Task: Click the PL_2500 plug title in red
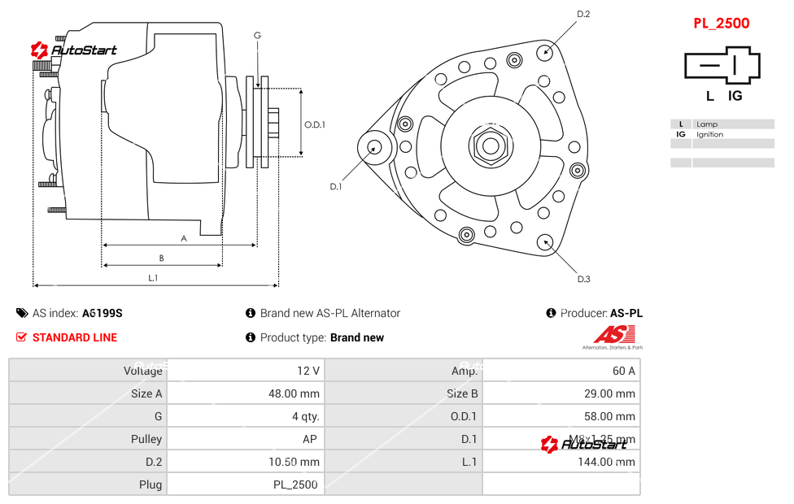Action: click(x=721, y=24)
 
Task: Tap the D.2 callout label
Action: click(x=583, y=14)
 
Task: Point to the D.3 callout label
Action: click(x=583, y=280)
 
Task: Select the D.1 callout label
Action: click(x=335, y=187)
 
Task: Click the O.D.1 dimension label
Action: click(x=315, y=125)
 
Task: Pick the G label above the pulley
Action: click(x=257, y=35)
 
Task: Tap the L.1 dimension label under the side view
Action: click(x=153, y=278)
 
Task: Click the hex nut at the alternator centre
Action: click(x=489, y=146)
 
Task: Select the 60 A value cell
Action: click(x=624, y=371)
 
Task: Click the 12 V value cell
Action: click(x=308, y=371)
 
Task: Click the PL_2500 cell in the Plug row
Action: click(x=295, y=484)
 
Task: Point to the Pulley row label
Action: click(x=146, y=439)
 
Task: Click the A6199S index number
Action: click(x=102, y=313)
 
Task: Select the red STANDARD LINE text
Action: click(x=75, y=337)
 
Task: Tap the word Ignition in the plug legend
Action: click(x=709, y=135)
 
